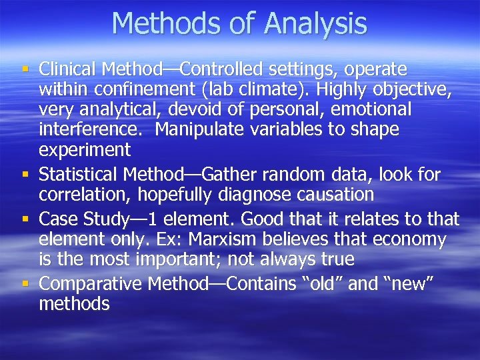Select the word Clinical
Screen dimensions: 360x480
69,69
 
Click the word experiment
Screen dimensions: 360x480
84,149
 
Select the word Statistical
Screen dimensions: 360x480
78,175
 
